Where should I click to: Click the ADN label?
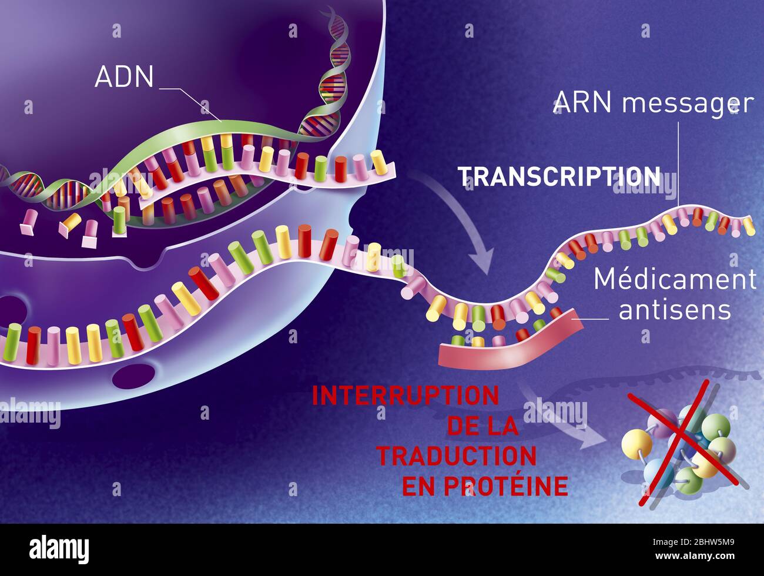tap(124, 77)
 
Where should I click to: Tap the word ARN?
tap(584, 103)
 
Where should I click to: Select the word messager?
tap(688, 104)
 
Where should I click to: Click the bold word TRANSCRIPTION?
tap(559, 176)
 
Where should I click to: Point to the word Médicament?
tap(675, 279)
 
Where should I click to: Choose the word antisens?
tap(675, 310)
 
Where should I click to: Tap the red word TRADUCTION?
tap(456, 456)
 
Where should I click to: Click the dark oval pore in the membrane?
tap(133, 376)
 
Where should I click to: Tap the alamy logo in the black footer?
tap(59, 550)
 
